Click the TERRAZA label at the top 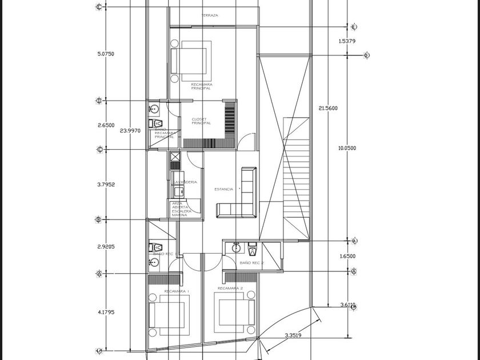pyautogui.click(x=210, y=15)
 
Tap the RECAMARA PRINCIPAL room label pyautogui.click(x=201, y=86)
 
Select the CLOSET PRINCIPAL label pyautogui.click(x=201, y=121)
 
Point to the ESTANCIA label pyautogui.click(x=224, y=189)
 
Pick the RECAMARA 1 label pyautogui.click(x=177, y=291)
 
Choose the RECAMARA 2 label pyautogui.click(x=230, y=289)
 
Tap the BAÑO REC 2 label pyautogui.click(x=252, y=262)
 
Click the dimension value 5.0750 pyautogui.click(x=106, y=54)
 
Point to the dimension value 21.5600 pyautogui.click(x=327, y=108)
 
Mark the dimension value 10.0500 pyautogui.click(x=347, y=148)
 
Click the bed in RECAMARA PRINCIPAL pyautogui.click(x=190, y=61)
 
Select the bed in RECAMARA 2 pyautogui.click(x=234, y=311)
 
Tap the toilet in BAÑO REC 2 pyautogui.click(x=252, y=249)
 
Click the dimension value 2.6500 pyautogui.click(x=106, y=125)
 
